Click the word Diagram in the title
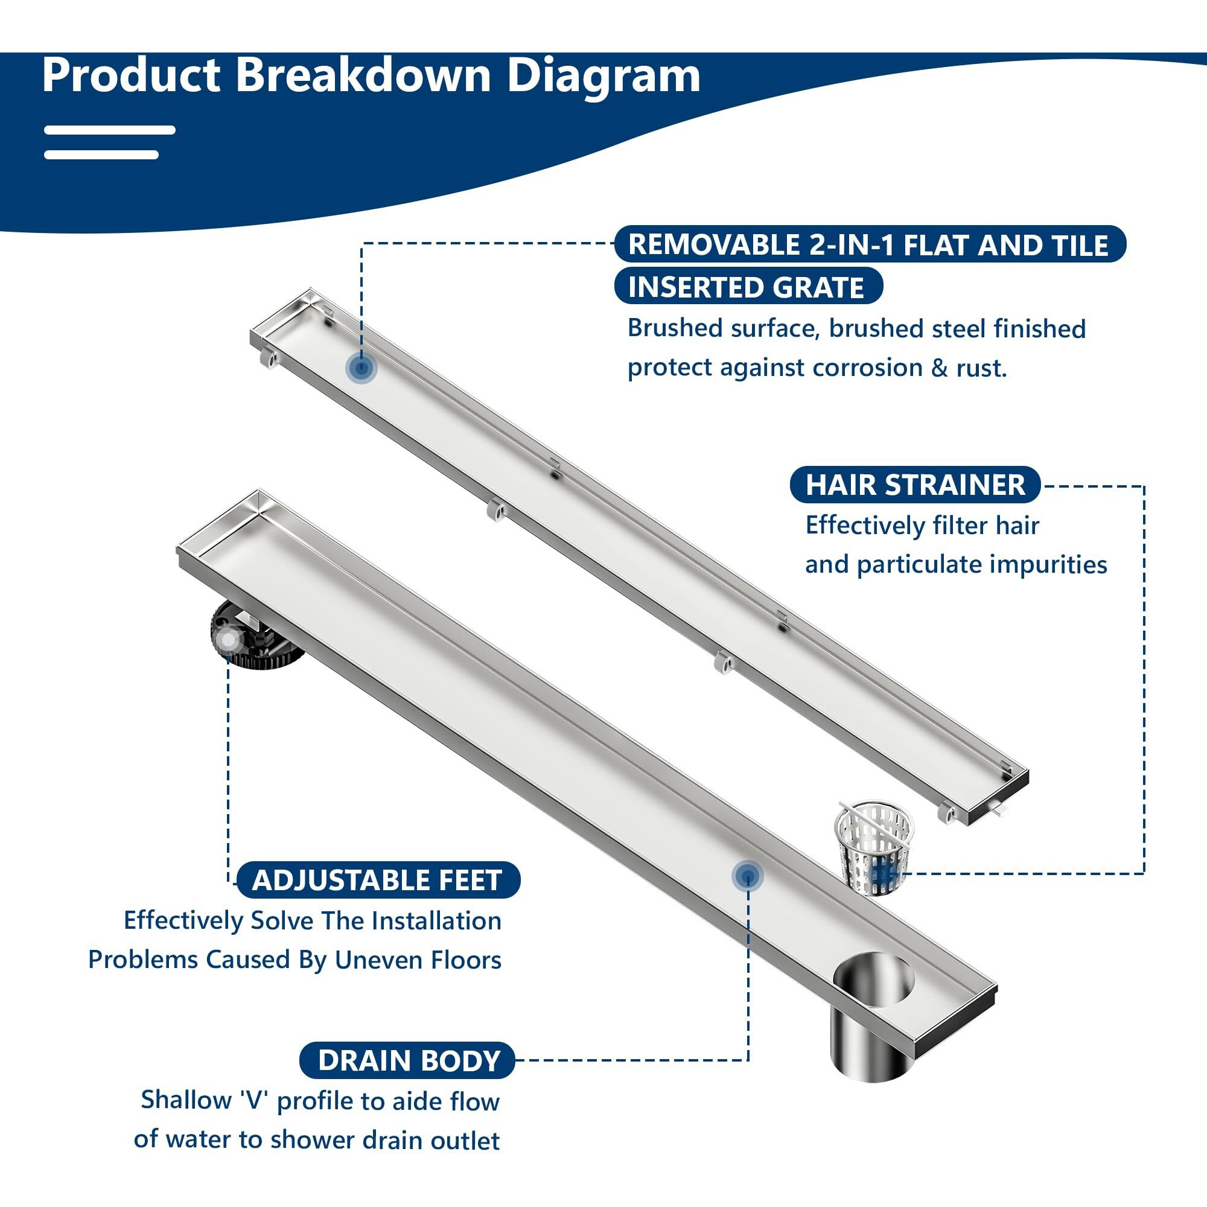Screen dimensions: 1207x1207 click(603, 76)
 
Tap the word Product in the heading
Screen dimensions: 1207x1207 click(130, 75)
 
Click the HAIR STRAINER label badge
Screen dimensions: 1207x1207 click(915, 485)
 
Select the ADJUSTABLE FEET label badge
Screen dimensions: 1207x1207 click(377, 881)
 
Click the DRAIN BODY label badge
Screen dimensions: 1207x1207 click(409, 1061)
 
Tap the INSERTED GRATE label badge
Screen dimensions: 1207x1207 click(747, 287)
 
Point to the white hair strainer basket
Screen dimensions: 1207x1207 click(874, 847)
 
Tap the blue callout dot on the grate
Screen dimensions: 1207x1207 click(360, 368)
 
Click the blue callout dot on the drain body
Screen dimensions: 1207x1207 click(747, 876)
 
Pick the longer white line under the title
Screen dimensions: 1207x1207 click(109, 130)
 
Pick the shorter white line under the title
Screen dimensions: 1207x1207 click(101, 154)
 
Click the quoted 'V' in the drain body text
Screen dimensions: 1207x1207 click(253, 1100)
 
